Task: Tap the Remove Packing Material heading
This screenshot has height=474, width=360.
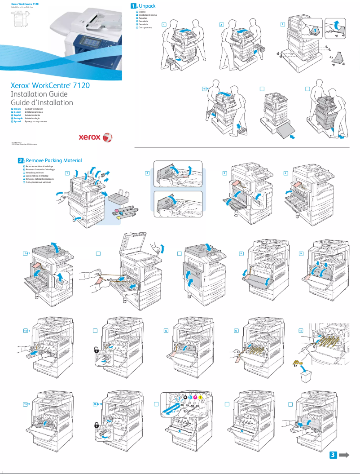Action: point(54,160)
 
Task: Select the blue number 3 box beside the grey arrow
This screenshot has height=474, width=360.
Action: point(333,455)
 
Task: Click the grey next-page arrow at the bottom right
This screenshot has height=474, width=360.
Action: point(344,455)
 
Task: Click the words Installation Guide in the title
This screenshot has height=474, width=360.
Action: point(39,94)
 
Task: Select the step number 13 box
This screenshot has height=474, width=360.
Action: point(236,330)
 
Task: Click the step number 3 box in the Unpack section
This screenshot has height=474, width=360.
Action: point(282,24)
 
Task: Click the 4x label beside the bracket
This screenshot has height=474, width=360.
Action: point(331,58)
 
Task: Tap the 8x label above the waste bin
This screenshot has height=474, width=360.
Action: point(296,366)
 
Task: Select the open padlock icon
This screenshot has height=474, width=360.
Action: point(97,349)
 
